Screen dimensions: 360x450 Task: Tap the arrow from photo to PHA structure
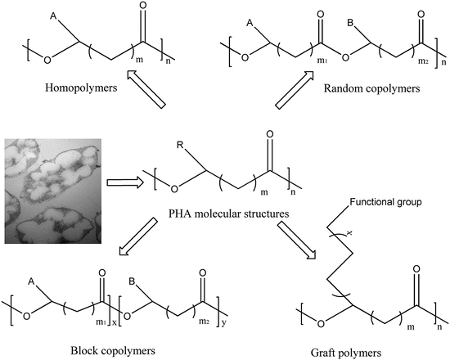pyautogui.click(x=126, y=182)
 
